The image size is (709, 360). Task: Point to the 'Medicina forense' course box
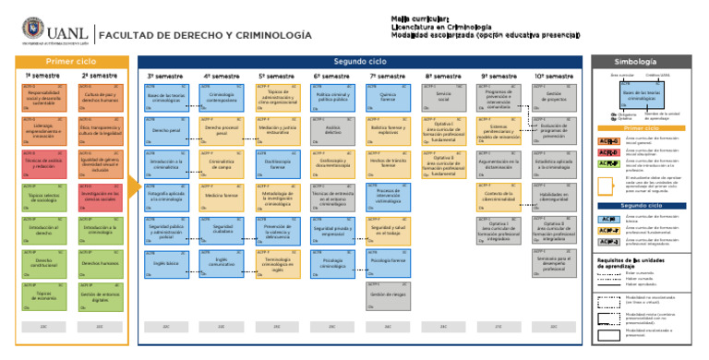pos(222,196)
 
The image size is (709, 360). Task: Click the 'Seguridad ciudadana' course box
pos(222,229)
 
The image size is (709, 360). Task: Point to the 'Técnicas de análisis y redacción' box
pos(43,163)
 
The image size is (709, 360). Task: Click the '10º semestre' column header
pos(554,76)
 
